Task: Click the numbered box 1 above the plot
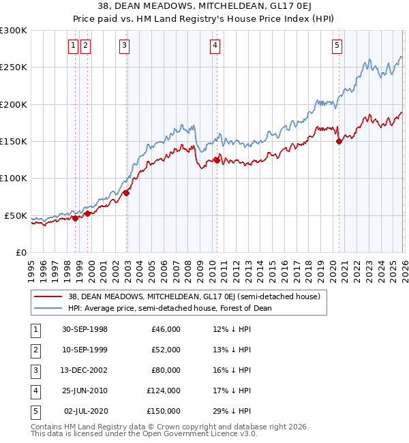coord(73,46)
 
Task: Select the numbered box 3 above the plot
coord(125,46)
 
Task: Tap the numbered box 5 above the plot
coord(337,46)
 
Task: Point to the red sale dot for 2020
coord(339,142)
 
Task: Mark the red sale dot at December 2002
coord(126,193)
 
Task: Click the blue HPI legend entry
coord(170,308)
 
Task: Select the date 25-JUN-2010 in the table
coord(85,391)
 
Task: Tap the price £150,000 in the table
coord(163,411)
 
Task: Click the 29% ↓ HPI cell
coord(232,411)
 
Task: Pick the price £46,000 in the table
coord(166,329)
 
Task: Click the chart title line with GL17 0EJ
coord(204,7)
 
